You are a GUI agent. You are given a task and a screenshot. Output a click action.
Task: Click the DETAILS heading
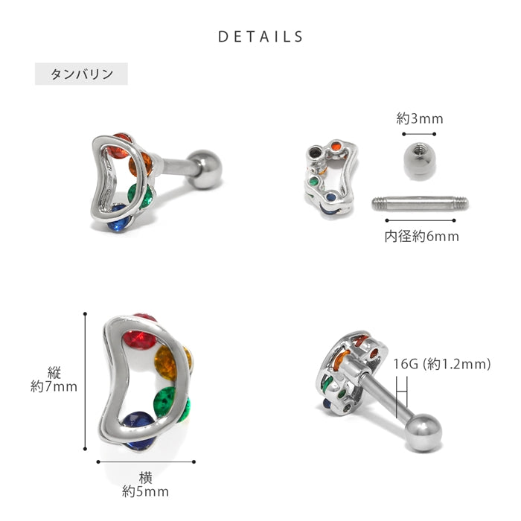(260, 36)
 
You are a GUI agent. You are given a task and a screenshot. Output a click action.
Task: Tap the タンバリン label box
(81, 74)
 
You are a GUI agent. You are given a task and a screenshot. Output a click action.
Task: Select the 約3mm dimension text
(419, 118)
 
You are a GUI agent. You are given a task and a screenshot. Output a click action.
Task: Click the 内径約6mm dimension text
(421, 237)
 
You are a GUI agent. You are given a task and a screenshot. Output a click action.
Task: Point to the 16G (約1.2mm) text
(442, 364)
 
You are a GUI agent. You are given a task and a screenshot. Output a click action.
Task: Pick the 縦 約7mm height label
(54, 380)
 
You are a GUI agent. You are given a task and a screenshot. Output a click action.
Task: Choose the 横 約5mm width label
(146, 485)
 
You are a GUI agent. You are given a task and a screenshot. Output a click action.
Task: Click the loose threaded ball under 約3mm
(419, 161)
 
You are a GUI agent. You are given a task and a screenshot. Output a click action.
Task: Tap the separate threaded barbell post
(420, 204)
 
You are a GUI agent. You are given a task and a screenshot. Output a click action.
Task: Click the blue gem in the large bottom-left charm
(140, 429)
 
